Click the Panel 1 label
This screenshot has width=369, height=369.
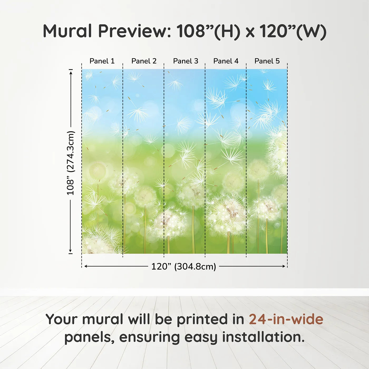(102, 61)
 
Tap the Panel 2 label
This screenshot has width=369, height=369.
(144, 61)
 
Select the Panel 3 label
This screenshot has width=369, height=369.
(186, 61)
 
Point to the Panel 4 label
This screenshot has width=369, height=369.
(226, 61)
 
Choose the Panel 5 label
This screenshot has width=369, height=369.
(267, 61)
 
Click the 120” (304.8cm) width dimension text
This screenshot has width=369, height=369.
(184, 266)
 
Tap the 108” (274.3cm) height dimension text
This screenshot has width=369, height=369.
(70, 163)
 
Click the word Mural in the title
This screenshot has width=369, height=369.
(67, 31)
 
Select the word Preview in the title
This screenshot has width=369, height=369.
(134, 31)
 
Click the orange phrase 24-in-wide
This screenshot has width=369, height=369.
(286, 319)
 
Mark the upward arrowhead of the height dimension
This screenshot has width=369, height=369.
(71, 73)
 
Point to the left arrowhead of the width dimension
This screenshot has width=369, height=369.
(86, 266)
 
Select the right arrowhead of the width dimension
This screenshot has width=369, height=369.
(283, 266)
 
